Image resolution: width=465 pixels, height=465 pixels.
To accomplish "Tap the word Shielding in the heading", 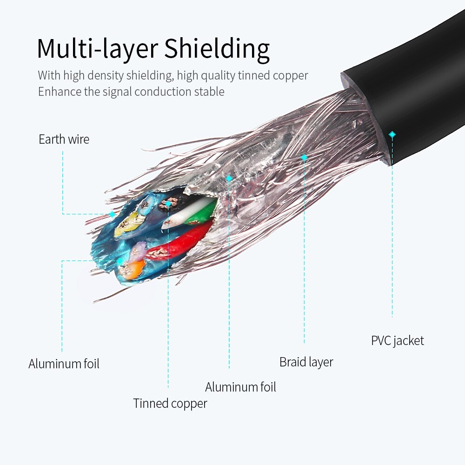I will pos(217,49).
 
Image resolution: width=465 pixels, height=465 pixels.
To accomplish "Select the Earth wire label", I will pos(64,139).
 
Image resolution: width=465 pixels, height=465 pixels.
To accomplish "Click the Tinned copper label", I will pos(170,403).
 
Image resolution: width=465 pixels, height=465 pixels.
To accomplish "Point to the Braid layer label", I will pos(306,362).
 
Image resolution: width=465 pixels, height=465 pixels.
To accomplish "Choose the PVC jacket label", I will pos(397,340).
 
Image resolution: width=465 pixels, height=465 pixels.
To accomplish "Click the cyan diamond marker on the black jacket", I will pos(392,134).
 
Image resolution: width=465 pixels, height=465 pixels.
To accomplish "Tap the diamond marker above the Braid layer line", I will pos(304,158).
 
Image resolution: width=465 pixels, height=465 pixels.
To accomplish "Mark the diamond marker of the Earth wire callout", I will pos(112,214).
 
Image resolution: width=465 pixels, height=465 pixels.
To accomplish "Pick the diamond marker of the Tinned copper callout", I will pos(168,203).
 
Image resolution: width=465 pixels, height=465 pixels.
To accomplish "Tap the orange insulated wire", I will pos(133,268).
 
